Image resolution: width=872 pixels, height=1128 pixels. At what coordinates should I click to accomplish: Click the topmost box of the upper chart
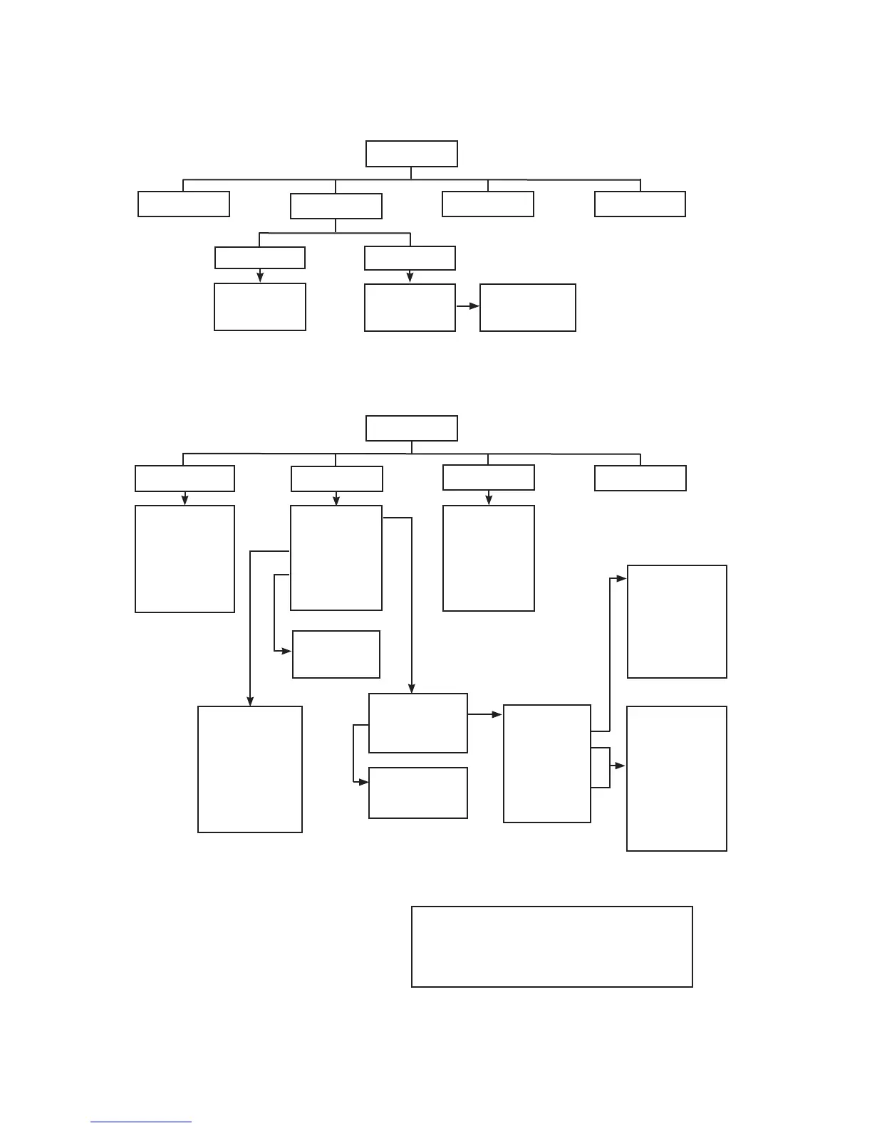(411, 154)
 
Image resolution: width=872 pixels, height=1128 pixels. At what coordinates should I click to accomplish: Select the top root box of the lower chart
(411, 429)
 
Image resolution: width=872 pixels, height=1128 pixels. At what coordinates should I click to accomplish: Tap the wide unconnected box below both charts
(551, 946)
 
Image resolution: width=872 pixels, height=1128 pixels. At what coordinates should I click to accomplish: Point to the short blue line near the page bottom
(141, 1122)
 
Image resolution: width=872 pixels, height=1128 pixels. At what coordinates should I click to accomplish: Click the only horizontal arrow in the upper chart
(467, 306)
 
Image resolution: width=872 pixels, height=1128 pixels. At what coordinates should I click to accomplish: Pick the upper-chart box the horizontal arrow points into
(527, 308)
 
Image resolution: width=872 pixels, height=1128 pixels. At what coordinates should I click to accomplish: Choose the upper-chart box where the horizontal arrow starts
(410, 308)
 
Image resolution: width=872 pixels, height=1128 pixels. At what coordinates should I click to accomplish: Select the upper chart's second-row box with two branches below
(336, 207)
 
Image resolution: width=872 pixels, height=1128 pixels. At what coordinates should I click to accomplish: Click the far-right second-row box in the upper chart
(640, 204)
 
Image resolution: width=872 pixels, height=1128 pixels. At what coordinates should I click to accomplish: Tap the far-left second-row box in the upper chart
(183, 204)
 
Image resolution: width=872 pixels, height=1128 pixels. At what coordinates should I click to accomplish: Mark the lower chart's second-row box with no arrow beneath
(640, 479)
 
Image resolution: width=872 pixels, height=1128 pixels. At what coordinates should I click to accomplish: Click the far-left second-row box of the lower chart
(185, 479)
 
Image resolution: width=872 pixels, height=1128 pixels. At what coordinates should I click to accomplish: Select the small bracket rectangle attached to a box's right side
(601, 768)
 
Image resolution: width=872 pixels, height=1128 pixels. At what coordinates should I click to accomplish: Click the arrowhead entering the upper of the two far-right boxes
(622, 578)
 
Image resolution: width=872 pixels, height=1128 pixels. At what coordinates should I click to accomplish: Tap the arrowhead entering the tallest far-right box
(621, 766)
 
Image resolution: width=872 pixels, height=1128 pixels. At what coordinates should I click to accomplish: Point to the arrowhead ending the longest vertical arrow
(249, 701)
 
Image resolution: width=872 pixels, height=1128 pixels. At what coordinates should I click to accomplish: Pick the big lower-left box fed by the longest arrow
(249, 769)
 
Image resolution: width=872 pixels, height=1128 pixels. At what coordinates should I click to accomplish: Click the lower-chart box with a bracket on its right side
(546, 763)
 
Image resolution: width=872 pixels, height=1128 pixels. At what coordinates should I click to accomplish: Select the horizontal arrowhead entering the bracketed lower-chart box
(497, 714)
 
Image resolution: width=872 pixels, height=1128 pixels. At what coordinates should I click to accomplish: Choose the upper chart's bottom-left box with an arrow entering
(259, 307)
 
